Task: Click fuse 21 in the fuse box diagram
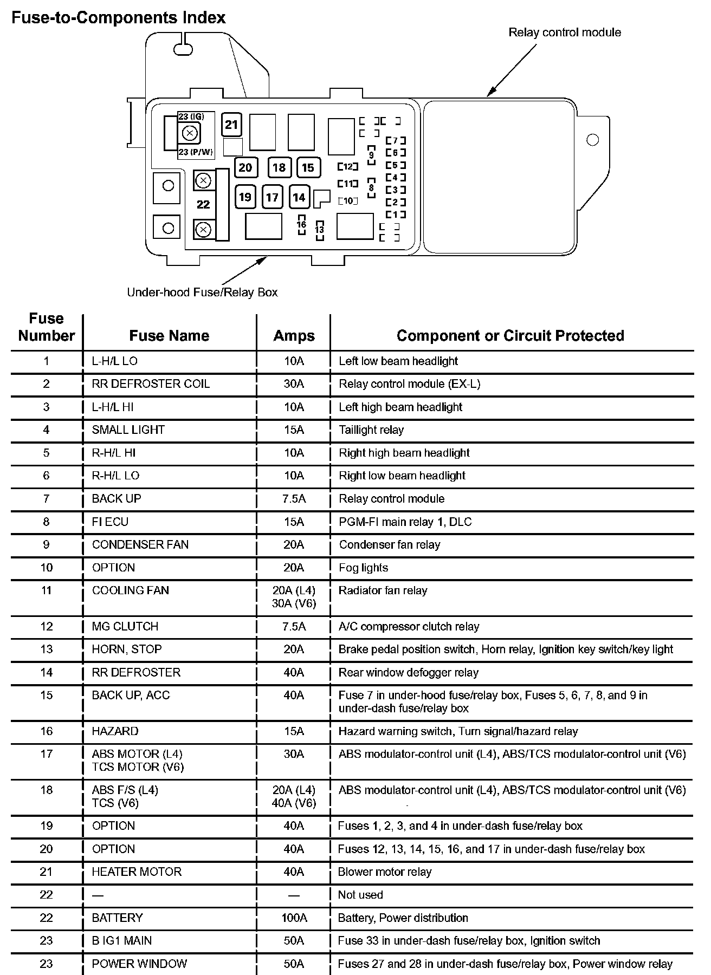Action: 231,125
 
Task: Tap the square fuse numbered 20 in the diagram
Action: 245,167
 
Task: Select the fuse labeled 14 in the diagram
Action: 299,197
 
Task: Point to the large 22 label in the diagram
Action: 203,204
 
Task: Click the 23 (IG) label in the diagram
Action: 191,116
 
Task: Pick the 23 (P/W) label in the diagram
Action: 196,152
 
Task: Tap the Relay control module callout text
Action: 564,32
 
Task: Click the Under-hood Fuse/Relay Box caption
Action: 202,292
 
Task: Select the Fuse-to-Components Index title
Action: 119,18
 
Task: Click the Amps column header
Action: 294,336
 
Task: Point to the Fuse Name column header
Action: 169,336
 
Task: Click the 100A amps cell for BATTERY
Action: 294,918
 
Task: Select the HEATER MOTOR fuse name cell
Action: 137,872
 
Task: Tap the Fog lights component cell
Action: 363,568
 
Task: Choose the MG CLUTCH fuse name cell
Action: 125,626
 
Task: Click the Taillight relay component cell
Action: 371,430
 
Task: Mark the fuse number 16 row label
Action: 47,731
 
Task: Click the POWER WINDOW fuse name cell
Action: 139,964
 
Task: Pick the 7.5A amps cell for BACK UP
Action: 294,499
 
